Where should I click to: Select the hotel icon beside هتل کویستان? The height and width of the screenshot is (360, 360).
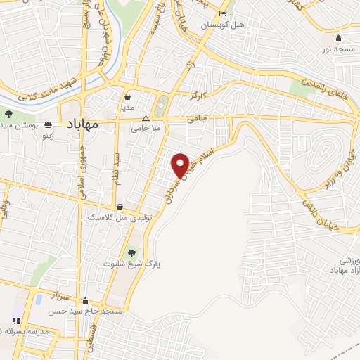[x=223, y=14]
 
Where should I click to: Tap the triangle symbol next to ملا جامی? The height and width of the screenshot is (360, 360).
[x=146, y=117]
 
